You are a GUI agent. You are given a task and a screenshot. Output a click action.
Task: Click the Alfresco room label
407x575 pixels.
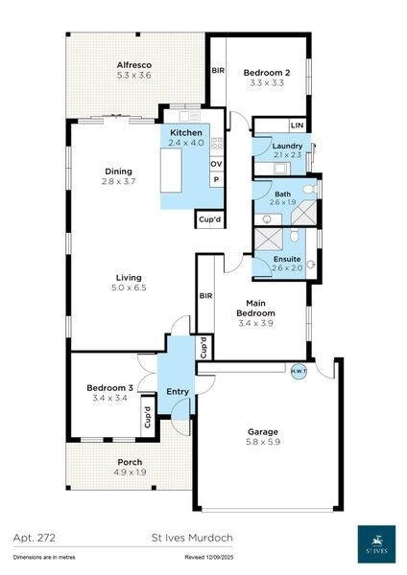pyautogui.click(x=134, y=64)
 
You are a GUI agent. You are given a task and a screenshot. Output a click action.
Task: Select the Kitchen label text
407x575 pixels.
pyautogui.click(x=186, y=132)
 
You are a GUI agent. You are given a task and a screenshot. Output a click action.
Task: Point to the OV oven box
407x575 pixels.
pyautogui.click(x=216, y=164)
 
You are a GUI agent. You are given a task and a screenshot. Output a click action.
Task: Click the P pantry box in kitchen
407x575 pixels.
pyautogui.click(x=216, y=179)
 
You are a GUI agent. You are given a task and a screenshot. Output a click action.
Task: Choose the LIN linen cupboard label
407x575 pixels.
pyautogui.click(x=297, y=126)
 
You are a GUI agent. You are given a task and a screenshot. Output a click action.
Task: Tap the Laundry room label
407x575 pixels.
pyautogui.click(x=287, y=145)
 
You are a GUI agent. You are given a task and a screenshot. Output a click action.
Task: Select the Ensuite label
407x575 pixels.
pyautogui.click(x=287, y=258)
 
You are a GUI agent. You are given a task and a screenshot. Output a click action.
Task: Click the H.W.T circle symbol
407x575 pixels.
pyautogui.click(x=297, y=369)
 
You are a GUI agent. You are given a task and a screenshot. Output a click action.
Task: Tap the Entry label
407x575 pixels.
pyautogui.click(x=178, y=392)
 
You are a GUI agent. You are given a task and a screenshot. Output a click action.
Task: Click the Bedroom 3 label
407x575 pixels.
pyautogui.click(x=108, y=387)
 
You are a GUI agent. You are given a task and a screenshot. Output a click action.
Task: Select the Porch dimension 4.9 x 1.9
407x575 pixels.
pyautogui.click(x=130, y=471)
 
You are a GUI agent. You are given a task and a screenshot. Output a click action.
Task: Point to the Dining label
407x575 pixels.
pyautogui.click(x=118, y=172)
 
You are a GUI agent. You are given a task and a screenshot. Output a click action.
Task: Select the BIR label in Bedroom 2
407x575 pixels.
pyautogui.click(x=218, y=71)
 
